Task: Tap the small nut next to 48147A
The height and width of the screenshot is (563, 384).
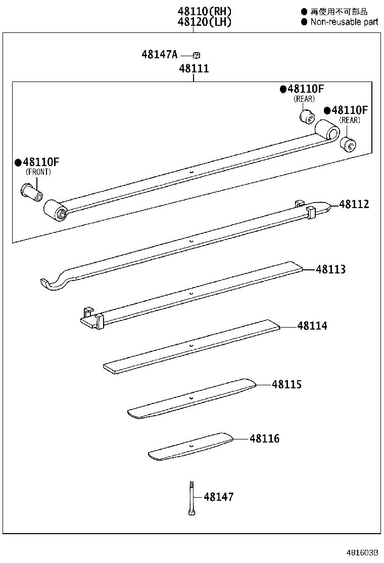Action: click(198, 55)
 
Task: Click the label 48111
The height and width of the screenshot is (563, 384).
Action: click(193, 68)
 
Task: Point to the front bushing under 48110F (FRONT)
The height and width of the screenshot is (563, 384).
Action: click(31, 192)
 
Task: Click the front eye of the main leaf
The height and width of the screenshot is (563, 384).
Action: click(55, 211)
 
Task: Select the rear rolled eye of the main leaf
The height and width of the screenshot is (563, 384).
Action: click(327, 130)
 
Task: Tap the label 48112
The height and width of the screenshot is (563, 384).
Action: click(354, 204)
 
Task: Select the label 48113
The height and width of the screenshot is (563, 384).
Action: click(331, 269)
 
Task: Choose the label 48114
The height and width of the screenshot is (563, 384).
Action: click(312, 326)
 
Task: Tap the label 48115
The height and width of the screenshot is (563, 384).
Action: click(286, 385)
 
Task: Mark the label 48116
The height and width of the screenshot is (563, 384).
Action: click(264, 438)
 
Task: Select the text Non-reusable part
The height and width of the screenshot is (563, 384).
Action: click(344, 22)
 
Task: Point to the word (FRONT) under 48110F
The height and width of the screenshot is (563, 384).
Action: click(38, 172)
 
